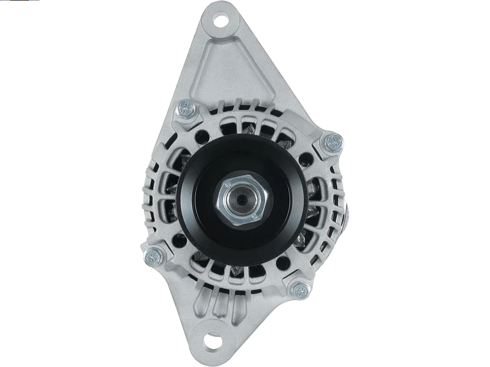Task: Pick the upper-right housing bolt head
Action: coord(333,143)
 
